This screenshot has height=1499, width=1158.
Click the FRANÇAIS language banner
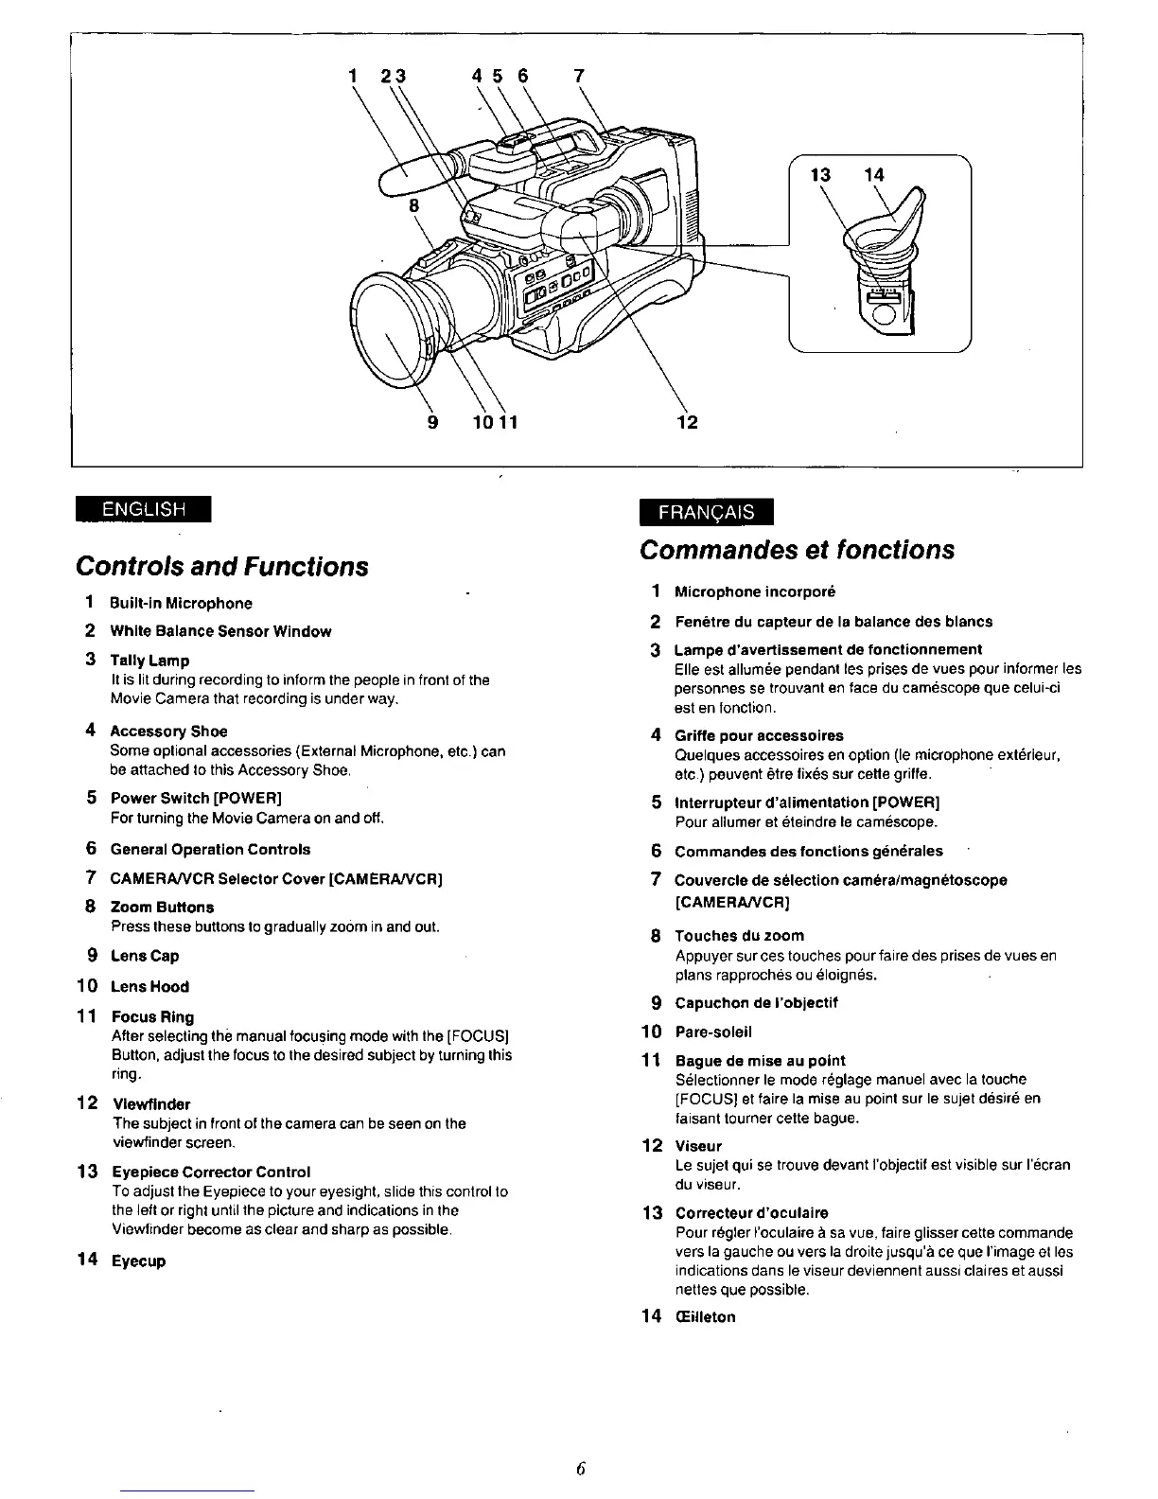point(706,511)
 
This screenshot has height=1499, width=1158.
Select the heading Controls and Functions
point(221,566)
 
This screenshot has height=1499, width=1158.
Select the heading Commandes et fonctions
point(797,550)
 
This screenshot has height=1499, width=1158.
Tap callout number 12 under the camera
point(688,422)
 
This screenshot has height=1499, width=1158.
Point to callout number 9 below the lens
point(433,422)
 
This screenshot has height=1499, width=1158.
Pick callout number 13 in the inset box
point(820,174)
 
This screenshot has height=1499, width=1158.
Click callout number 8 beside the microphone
point(413,204)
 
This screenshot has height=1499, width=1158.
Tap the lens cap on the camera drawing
point(388,322)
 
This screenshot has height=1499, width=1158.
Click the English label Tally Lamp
point(149,661)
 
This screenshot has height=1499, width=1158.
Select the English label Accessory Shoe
point(168,732)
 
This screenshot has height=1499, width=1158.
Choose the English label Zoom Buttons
point(162,907)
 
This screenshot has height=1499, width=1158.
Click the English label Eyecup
point(138,1261)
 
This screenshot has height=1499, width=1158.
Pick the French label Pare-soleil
point(712,1032)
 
